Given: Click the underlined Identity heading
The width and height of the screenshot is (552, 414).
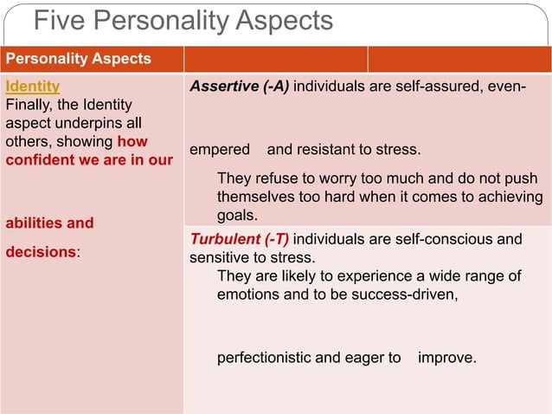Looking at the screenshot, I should click(x=33, y=87).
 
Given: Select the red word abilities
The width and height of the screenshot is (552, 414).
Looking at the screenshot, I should click(x=32, y=223).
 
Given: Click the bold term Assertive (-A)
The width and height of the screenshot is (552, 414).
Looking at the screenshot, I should click(x=240, y=87).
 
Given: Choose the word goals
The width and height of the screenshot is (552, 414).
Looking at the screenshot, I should click(x=237, y=215).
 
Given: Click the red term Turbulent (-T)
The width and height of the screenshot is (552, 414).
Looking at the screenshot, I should click(x=239, y=239).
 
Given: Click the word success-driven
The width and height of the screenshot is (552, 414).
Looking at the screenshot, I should click(x=408, y=294).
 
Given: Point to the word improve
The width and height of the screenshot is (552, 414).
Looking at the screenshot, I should click(x=446, y=357).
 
